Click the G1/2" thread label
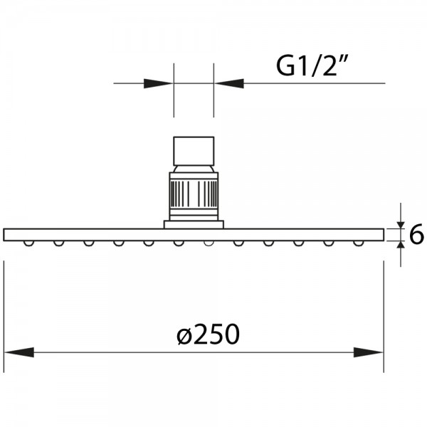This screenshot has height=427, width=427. [x=312, y=66]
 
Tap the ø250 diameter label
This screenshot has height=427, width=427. [x=208, y=334]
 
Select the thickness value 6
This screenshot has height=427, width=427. [x=416, y=233]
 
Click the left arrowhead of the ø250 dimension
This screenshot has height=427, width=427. [x=19, y=352]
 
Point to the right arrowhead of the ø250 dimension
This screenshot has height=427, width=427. [x=369, y=352]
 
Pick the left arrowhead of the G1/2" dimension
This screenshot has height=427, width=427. [x=159, y=83]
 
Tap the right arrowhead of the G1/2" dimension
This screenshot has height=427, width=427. [x=228, y=83]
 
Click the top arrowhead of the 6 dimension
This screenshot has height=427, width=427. [x=401, y=225]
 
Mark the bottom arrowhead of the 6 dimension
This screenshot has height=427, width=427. [x=401, y=245]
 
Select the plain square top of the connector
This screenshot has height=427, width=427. [x=194, y=151]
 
